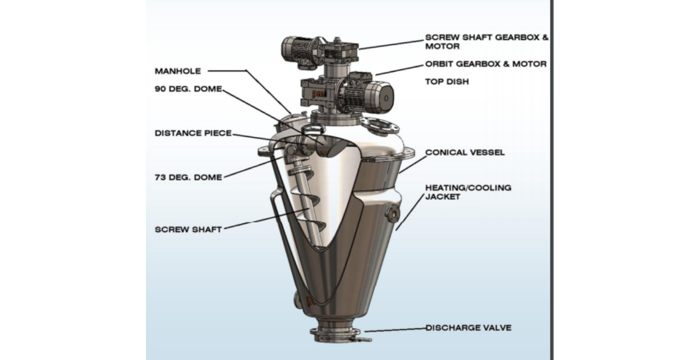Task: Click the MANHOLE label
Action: pyautogui.click(x=178, y=71)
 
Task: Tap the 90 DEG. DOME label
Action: pyautogui.click(x=188, y=89)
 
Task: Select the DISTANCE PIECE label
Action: pyautogui.click(x=193, y=133)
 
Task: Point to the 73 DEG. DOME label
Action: pyautogui.click(x=188, y=177)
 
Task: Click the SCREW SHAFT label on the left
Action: pyautogui.click(x=188, y=230)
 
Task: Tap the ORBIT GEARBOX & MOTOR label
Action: pyautogui.click(x=486, y=64)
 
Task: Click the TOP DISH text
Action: pyautogui.click(x=447, y=82)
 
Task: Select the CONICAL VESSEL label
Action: pyautogui.click(x=465, y=153)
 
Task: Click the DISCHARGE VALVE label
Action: pyautogui.click(x=469, y=328)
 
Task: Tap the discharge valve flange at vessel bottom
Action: pyautogui.click(x=335, y=332)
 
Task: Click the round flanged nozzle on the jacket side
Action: pyautogui.click(x=392, y=214)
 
